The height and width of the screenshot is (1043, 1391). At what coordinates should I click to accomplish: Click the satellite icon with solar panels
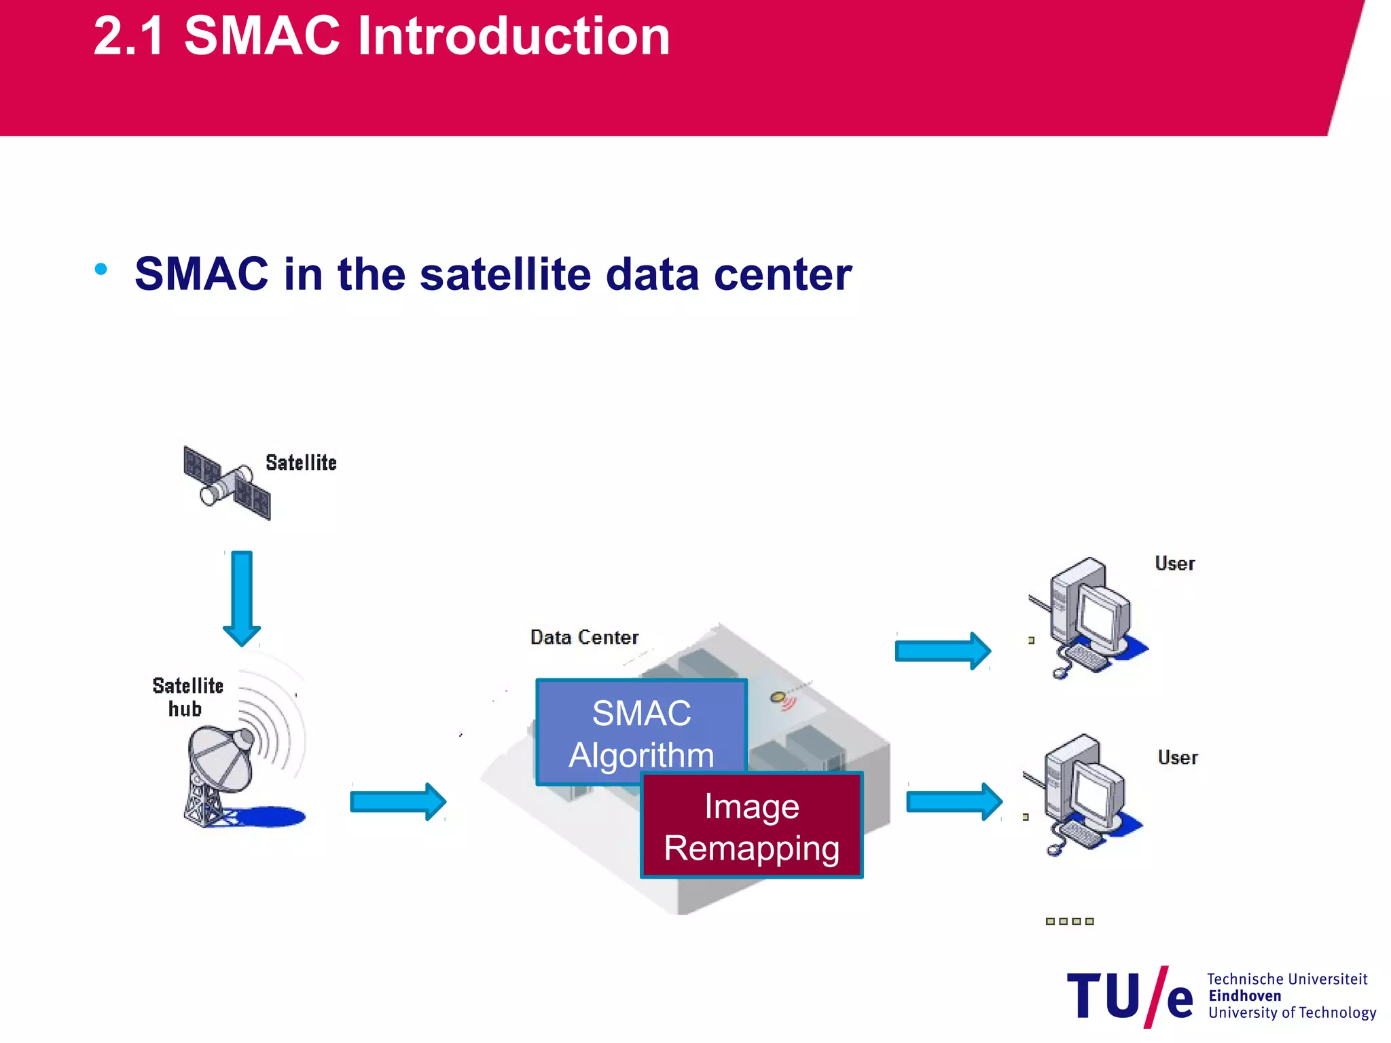227,483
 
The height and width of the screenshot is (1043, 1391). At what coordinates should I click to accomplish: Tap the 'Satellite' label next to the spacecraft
301,463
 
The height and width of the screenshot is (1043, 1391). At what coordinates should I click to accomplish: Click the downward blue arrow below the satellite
242,598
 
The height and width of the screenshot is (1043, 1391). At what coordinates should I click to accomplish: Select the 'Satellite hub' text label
187,697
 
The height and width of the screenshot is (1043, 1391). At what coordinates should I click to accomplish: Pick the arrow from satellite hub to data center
398,802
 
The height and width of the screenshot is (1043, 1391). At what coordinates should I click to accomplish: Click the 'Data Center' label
584,638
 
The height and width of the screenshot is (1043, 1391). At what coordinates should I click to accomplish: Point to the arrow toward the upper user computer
943,651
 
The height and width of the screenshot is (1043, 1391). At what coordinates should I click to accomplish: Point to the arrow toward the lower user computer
954,802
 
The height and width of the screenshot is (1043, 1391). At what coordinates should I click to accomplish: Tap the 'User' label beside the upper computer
1175,564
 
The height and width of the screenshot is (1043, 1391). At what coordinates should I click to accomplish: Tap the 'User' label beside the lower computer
1178,758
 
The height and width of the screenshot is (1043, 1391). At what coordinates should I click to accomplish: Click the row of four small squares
1070,921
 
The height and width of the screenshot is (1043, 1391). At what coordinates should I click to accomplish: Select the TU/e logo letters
1130,997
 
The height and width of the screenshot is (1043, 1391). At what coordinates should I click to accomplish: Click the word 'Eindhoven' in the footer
1244,996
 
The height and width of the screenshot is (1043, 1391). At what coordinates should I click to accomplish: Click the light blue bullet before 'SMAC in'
101,270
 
